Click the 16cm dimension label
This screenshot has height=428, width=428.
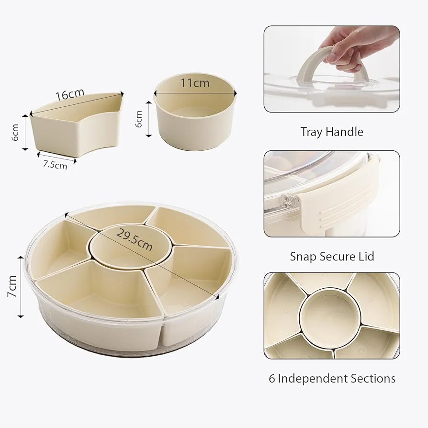tap(70, 94)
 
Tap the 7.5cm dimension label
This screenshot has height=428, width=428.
tap(55, 165)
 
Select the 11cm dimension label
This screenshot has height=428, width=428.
tap(195, 83)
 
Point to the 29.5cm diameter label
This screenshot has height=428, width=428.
tap(135, 240)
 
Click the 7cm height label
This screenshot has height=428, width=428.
tap(12, 286)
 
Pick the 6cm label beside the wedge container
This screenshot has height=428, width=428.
tap(15, 133)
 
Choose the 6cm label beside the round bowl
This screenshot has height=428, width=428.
tap(139, 119)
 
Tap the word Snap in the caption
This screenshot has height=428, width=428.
tap(303, 257)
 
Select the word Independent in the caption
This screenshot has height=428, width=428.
tap(313, 379)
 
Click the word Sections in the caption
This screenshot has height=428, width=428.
tap(373, 379)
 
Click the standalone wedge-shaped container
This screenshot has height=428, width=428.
tap(77, 124)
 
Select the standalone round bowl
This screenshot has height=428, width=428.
tap(195, 112)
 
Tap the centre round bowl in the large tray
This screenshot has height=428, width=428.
tap(130, 248)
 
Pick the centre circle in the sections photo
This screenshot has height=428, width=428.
tap(330, 317)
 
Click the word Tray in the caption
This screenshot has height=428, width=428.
tap(311, 132)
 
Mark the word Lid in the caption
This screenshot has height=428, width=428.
tap(366, 257)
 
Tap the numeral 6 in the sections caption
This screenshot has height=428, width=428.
tap(271, 379)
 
